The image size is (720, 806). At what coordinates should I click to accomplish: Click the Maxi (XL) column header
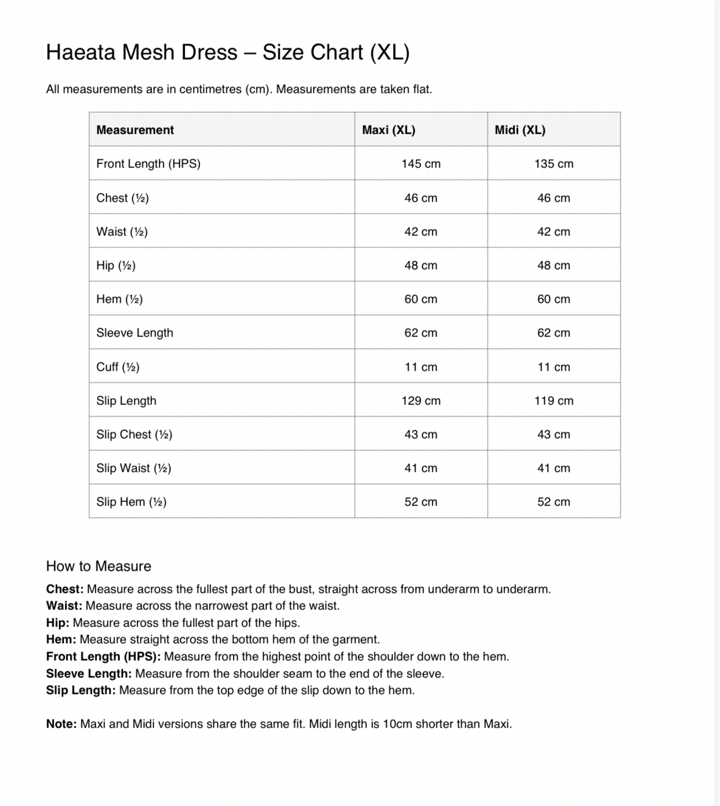point(388,130)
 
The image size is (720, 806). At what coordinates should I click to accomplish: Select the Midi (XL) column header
point(520,130)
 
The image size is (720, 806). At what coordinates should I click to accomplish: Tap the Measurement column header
point(135,130)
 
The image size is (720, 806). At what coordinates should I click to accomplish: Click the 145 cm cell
point(421,164)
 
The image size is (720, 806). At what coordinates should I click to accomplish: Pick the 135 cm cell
point(554,164)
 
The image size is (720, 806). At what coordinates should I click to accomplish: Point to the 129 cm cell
point(421,401)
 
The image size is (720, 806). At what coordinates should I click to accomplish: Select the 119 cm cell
point(554,401)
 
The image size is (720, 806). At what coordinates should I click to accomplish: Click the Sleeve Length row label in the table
point(135,333)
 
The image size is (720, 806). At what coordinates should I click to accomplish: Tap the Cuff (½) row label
point(118,367)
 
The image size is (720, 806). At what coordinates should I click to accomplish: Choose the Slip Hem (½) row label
point(132,502)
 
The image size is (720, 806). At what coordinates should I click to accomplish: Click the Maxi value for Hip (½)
point(421,265)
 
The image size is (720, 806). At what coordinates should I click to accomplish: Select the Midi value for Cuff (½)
point(554,367)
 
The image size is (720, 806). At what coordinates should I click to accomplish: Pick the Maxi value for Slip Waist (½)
point(421,468)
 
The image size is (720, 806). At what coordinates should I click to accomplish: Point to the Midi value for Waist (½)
point(554,231)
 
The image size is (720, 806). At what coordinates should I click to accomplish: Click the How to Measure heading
point(98,566)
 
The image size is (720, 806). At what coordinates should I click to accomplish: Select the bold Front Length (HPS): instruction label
point(103,656)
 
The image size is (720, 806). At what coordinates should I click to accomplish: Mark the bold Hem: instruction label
point(61,639)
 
